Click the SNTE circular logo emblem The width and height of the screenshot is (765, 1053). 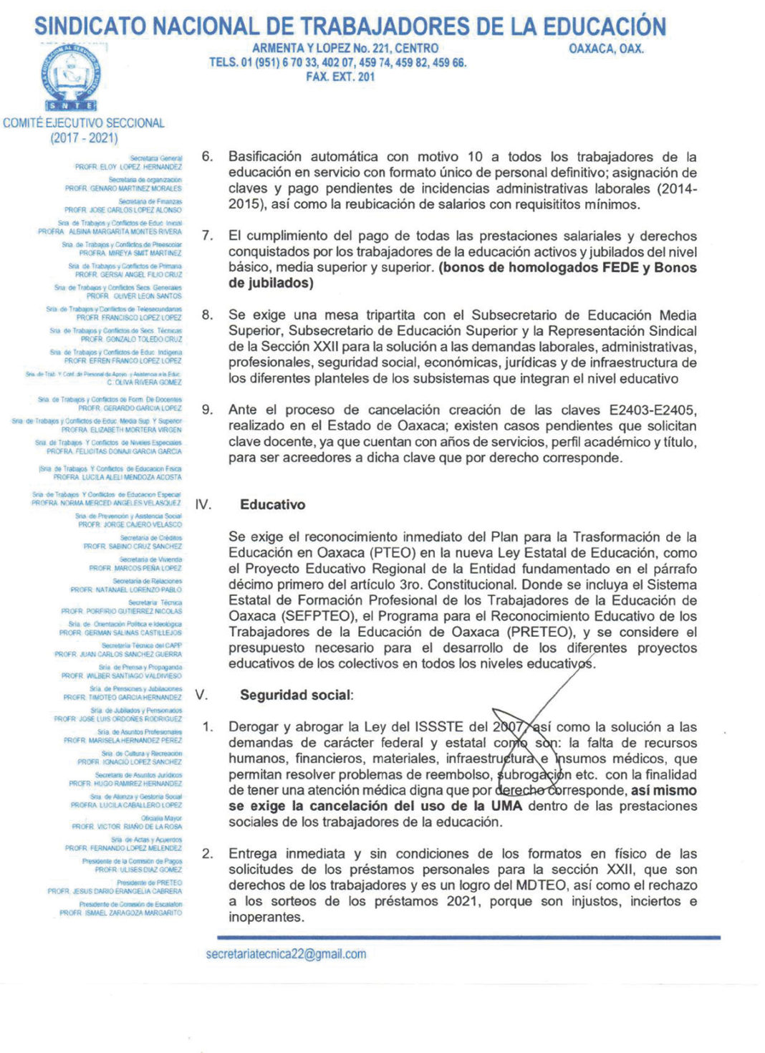71,75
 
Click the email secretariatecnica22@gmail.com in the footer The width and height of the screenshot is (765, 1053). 286,954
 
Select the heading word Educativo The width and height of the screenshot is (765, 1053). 272,504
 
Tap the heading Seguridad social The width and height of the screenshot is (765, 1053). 296,695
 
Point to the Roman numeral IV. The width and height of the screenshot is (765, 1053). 203,504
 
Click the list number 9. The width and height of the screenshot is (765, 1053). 207,410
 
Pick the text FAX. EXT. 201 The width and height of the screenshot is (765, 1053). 340,77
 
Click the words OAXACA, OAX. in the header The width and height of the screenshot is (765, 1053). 606,49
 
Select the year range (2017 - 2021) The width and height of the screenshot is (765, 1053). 84,138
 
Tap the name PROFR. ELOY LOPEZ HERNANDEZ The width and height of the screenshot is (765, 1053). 129,167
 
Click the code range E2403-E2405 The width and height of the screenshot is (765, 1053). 653,410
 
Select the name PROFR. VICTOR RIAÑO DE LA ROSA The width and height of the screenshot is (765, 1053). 127,827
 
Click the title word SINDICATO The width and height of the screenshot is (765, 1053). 92,27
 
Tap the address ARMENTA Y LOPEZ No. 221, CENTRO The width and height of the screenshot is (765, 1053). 345,48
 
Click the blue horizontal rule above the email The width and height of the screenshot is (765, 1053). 468,937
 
